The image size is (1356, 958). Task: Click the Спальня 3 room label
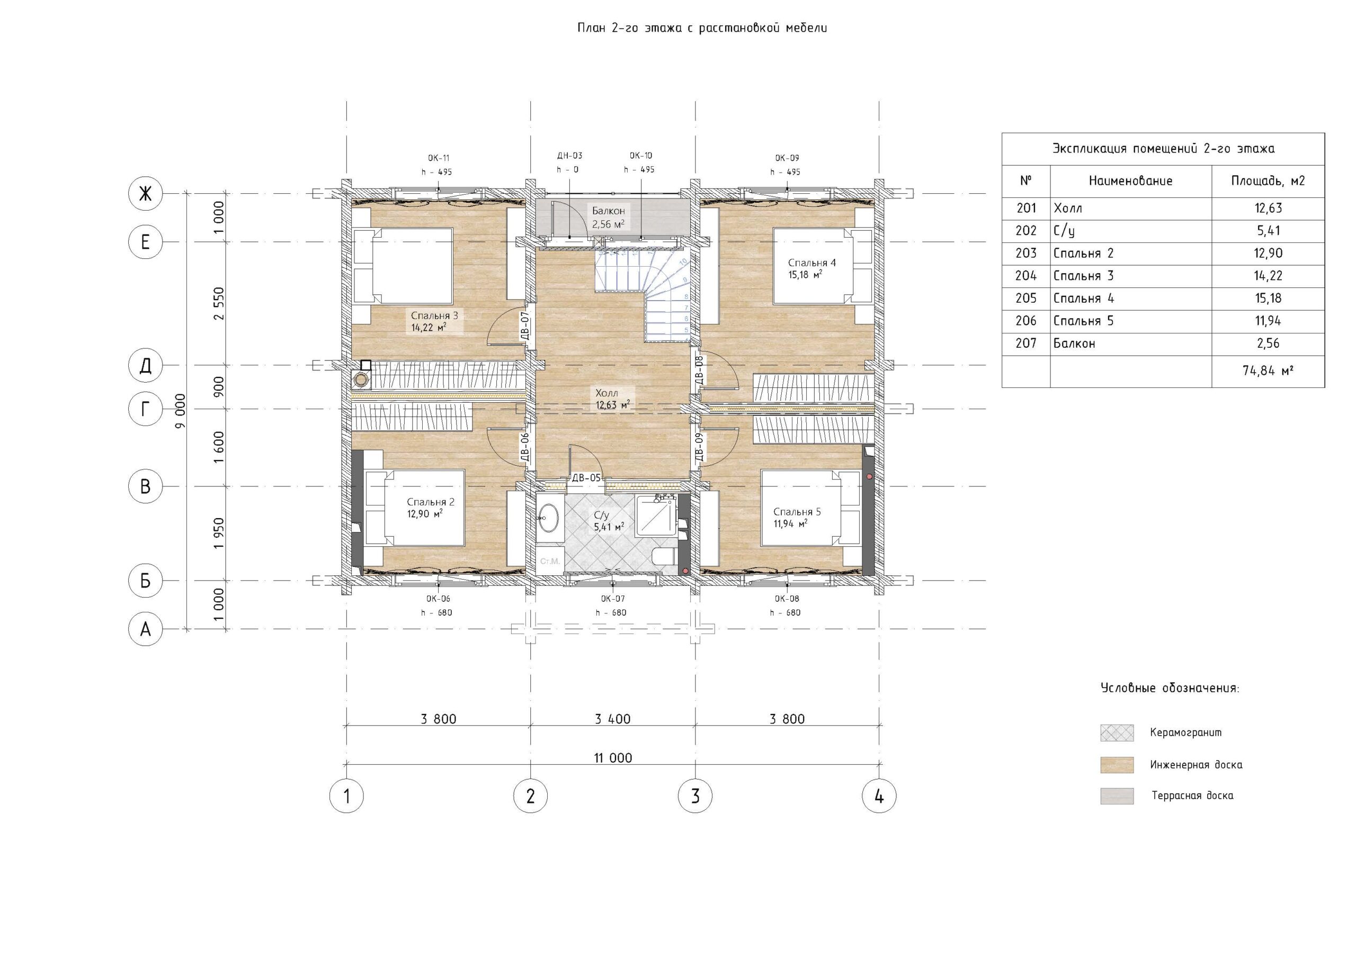pos(435,316)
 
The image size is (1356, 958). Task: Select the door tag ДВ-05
pos(586,478)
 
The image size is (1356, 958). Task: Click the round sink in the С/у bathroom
pos(549,518)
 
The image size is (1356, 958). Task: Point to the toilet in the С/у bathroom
pos(664,556)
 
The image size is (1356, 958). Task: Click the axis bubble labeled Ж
pos(145,194)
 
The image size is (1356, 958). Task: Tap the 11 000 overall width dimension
pos(613,758)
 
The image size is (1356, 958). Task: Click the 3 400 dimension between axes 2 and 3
pos(612,719)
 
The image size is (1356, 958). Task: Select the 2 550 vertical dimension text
pos(219,303)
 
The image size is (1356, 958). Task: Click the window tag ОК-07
pos(612,599)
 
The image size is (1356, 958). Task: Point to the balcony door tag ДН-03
pos(569,156)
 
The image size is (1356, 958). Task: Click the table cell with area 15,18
pos(1268,299)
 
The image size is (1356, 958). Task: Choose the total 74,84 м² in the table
pos(1268,371)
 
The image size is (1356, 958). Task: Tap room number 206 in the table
pos(1026,321)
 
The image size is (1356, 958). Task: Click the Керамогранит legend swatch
pos(1117,733)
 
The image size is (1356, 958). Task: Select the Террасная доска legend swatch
pos(1117,796)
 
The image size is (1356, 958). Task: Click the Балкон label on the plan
pos(608,211)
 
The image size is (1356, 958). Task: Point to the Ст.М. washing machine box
pos(550,561)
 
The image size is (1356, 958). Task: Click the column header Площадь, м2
pos(1268,181)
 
